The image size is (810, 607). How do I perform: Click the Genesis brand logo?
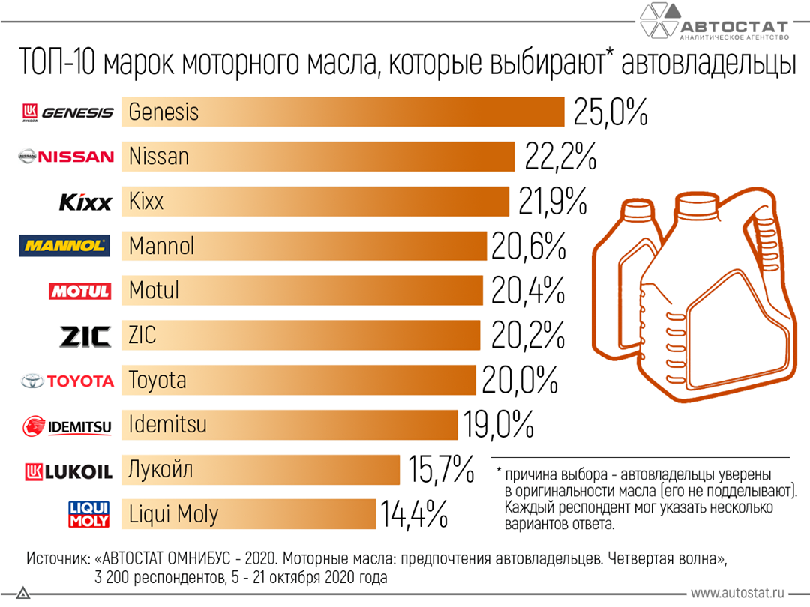tap(67, 112)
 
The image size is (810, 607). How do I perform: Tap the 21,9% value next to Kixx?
tap(552, 202)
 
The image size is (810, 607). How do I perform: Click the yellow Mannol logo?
tap(64, 246)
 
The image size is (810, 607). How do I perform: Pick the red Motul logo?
tap(79, 291)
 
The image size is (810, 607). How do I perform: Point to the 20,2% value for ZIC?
tap(527, 335)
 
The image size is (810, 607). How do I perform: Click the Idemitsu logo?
tap(67, 426)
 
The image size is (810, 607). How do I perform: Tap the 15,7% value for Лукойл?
tap(442, 470)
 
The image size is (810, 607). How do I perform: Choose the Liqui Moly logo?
tap(89, 514)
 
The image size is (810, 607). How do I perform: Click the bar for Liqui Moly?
tap(247, 514)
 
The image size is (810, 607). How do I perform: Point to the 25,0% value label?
tap(610, 112)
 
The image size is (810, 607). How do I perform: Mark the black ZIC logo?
tap(85, 336)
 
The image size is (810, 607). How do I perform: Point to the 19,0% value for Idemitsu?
tap(498, 425)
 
